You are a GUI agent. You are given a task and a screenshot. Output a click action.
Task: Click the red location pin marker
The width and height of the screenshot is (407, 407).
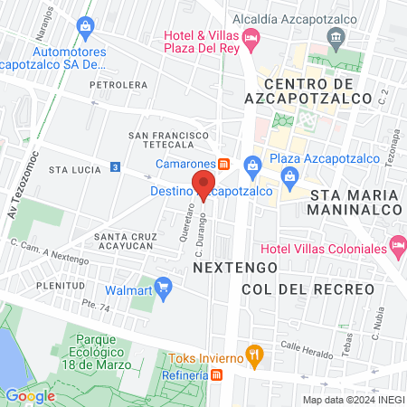[203, 185]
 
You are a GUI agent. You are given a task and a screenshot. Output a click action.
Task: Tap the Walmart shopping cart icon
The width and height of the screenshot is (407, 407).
[164, 289]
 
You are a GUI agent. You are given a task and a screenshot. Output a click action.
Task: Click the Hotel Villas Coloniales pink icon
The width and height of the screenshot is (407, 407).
[397, 244]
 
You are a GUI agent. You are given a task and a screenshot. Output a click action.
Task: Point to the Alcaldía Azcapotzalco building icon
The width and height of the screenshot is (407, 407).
[336, 38]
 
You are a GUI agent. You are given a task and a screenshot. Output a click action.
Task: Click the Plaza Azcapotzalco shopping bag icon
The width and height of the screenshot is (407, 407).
[252, 164]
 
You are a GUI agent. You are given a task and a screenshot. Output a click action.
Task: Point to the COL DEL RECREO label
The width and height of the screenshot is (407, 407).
[308, 289]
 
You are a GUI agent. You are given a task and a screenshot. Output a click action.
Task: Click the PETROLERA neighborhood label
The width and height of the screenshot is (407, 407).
[118, 85]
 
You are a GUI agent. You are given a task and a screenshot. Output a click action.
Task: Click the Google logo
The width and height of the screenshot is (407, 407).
[30, 395]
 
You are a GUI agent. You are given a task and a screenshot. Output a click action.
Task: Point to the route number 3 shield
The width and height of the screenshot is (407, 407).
[115, 167]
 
